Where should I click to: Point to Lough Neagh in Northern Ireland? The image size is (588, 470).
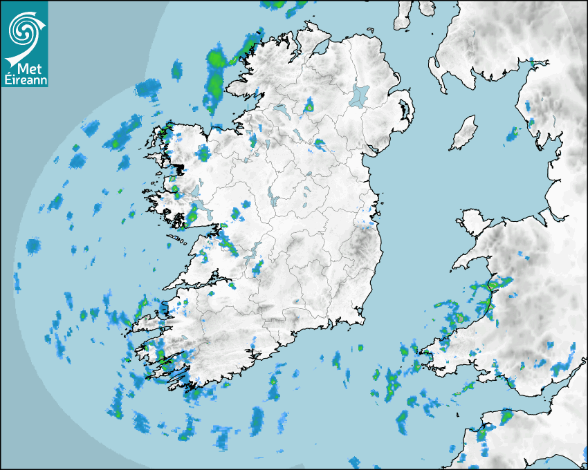pyautogui.click(x=360, y=95)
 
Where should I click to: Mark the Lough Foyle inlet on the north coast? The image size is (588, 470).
pyautogui.click(x=320, y=48)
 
